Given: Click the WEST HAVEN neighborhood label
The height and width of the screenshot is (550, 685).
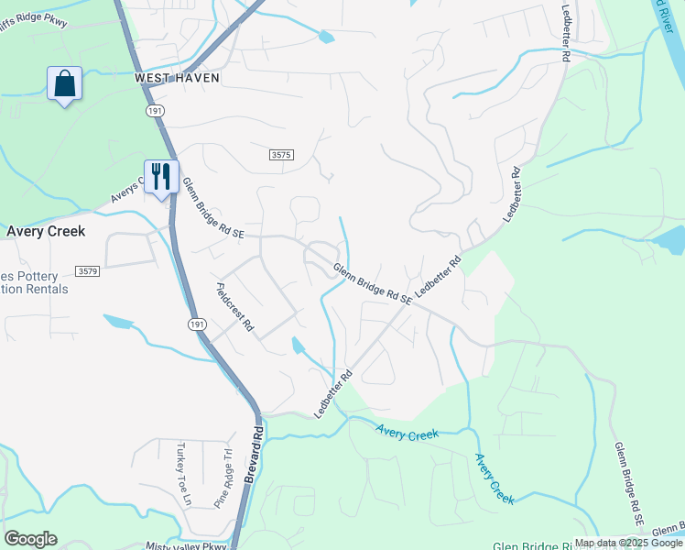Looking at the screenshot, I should point(177,78).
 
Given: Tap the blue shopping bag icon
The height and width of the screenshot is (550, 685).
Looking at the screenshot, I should point(64,84).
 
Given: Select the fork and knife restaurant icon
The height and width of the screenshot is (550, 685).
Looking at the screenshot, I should point(161,176).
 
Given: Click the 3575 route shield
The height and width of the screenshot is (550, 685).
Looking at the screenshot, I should point(281,156).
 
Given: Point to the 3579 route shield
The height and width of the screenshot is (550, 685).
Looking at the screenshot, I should point(88,271).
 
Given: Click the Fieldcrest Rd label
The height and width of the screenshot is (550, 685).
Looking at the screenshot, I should point(234,307).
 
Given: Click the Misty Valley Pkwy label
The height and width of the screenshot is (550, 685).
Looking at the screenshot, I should point(186,545).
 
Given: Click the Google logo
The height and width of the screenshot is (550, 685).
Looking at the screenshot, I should point(30,539).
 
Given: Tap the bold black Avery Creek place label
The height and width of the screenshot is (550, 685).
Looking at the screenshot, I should point(46,231).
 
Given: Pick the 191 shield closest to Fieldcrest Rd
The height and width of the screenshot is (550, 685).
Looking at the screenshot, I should point(196,324).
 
